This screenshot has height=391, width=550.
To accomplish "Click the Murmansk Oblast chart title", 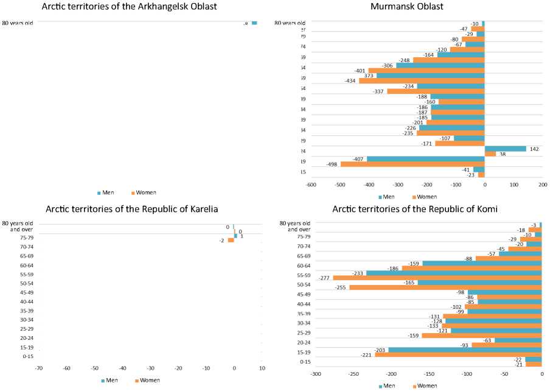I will [416, 7].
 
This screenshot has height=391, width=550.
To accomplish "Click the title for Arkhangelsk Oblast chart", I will [128, 7].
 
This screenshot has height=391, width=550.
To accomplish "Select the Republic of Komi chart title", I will [415, 210].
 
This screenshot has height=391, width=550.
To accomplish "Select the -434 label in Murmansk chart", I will [349, 81].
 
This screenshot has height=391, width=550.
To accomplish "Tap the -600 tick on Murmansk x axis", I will [311, 184].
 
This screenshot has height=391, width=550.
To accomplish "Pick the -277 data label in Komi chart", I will [325, 278].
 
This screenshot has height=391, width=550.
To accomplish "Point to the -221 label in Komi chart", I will [366, 355].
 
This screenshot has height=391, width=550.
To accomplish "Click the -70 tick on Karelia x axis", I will [38, 368].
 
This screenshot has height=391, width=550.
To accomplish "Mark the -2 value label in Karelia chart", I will [223, 241].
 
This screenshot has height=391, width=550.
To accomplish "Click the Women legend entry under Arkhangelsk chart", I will [145, 192].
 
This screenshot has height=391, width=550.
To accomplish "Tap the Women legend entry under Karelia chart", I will [148, 380].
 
